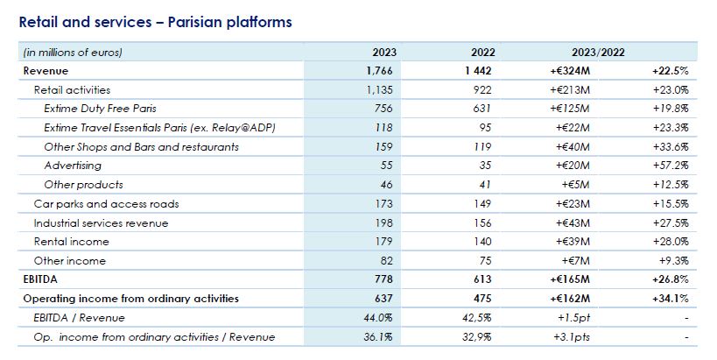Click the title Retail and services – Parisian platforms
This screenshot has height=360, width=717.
coord(155,21)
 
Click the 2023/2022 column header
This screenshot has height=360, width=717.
coord(595,52)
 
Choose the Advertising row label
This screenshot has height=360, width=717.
coord(73,166)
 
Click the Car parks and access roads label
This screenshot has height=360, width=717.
coord(106,204)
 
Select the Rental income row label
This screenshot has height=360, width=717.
coord(72,242)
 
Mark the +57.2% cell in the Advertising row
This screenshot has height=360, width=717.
coord(671,166)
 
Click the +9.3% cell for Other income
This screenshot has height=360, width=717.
coord(673,261)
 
